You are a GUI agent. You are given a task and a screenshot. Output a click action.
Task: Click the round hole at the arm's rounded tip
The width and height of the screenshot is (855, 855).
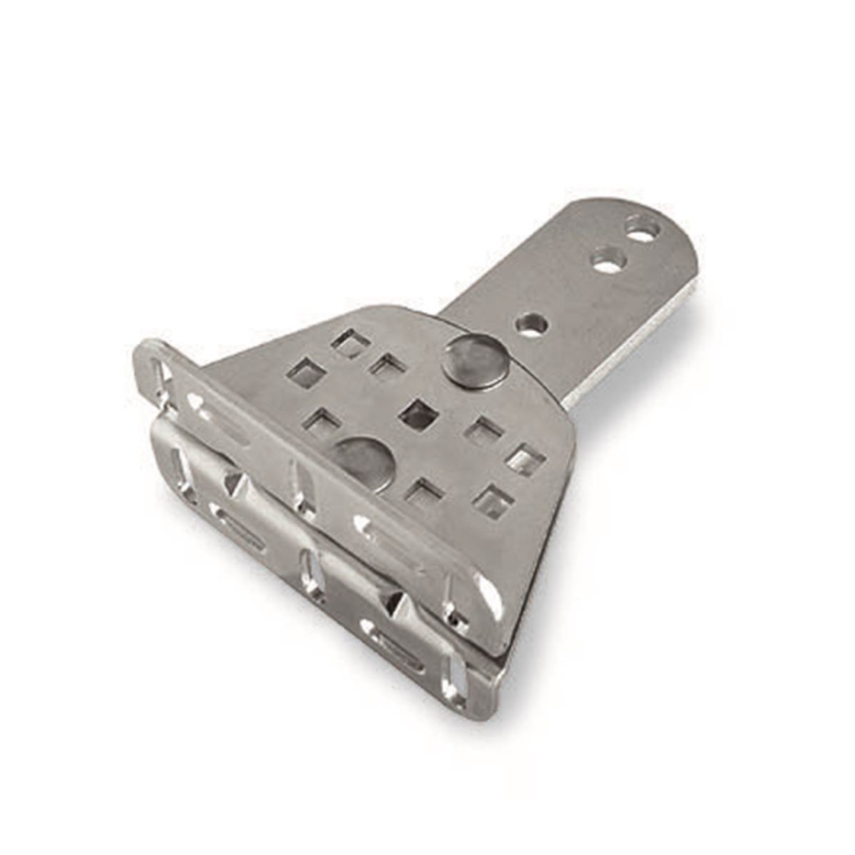coord(642,228)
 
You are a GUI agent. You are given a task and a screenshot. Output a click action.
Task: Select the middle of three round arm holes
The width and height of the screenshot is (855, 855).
coord(607,261)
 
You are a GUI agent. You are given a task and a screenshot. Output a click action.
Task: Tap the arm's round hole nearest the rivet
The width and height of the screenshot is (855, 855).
coord(531,324)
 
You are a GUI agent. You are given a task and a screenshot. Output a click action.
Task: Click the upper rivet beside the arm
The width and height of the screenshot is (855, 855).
coord(475,360)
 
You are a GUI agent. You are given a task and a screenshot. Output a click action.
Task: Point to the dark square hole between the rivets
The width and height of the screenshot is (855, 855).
coord(418,415)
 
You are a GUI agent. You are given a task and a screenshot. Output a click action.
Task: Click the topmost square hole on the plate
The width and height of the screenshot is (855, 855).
coord(350,344)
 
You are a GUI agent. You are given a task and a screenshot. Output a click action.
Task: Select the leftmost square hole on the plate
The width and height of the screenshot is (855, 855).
coord(305,372)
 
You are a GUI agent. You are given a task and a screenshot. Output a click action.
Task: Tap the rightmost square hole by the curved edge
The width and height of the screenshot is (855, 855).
coord(526,459)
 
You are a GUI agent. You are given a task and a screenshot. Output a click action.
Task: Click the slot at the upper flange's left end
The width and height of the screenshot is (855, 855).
coord(162,379)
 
